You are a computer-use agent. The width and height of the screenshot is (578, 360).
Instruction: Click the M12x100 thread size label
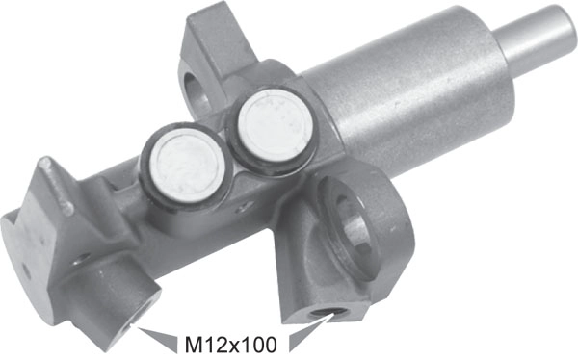(x=231, y=341)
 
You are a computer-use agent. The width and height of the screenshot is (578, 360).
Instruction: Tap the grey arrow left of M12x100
(x=160, y=336)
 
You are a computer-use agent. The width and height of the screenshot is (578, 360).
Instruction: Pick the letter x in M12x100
(x=232, y=343)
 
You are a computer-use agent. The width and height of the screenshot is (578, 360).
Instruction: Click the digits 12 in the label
(x=212, y=342)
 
